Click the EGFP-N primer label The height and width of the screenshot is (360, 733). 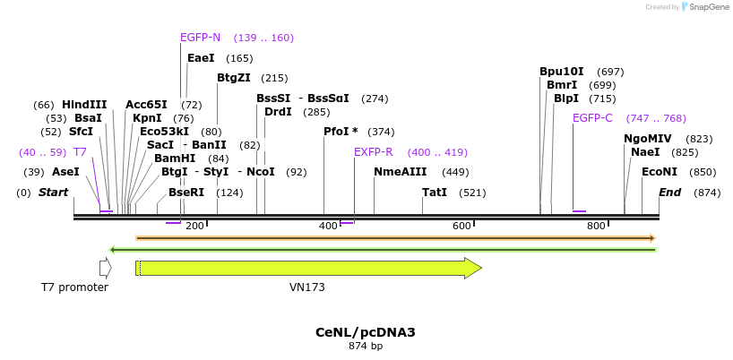click(200, 38)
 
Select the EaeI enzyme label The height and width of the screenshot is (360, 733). click(201, 58)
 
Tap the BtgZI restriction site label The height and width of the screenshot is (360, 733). click(233, 78)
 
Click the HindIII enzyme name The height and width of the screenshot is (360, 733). click(84, 105)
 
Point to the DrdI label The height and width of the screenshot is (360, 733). click(278, 112)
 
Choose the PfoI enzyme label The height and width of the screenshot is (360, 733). click(337, 132)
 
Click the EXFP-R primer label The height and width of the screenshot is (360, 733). click(373, 152)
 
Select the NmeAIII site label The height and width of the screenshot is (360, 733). click(401, 172)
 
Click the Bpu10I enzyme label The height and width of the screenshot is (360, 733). click(561, 72)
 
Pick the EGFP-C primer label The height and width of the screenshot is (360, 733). click(592, 118)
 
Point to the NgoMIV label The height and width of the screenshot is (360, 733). click(647, 139)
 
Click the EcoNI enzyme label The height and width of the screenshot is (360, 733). click(660, 172)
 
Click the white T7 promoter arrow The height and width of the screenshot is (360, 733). click(105, 268)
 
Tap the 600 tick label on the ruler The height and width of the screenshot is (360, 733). click(461, 227)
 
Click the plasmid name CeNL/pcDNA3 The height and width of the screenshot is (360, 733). click(366, 332)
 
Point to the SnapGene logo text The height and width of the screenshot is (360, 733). click(708, 7)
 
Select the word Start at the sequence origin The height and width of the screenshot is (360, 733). click(54, 193)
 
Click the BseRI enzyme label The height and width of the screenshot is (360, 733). click(186, 193)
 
